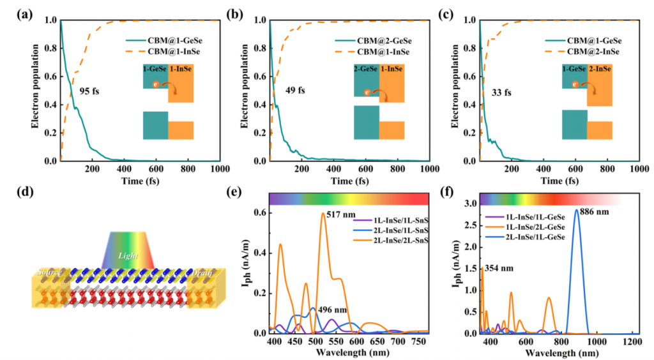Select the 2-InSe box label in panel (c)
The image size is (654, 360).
click(600, 68)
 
